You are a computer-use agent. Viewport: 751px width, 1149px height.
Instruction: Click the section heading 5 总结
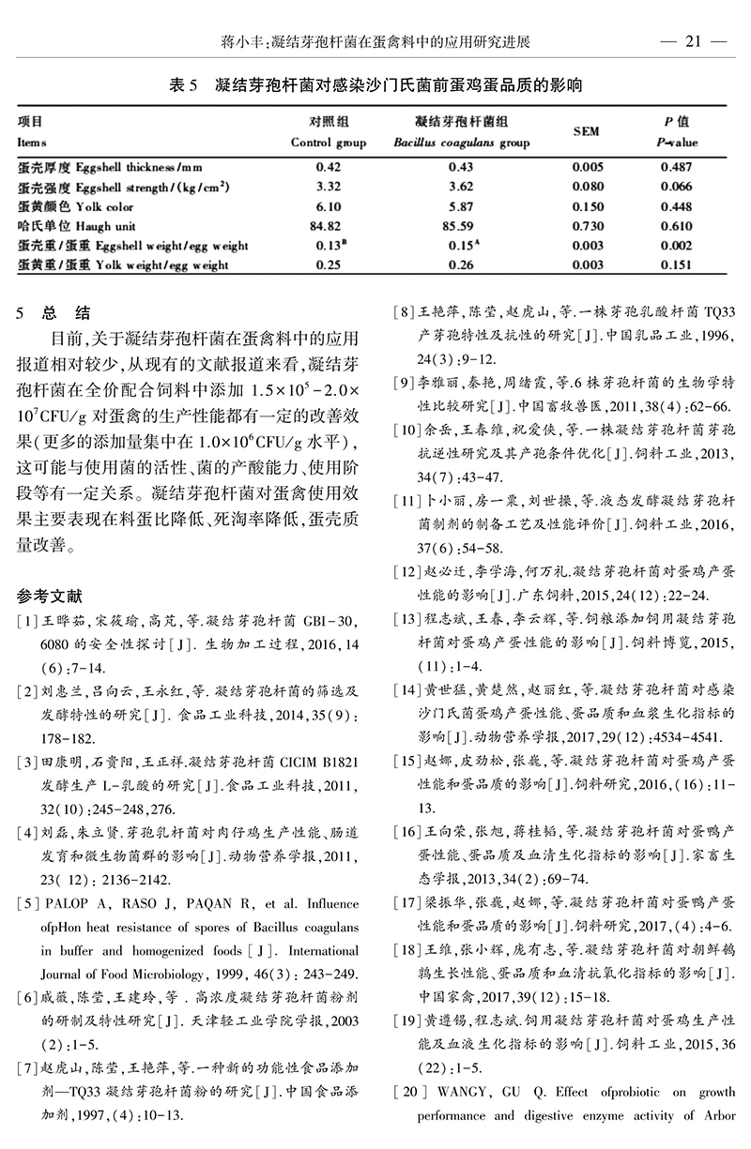(x=54, y=312)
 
